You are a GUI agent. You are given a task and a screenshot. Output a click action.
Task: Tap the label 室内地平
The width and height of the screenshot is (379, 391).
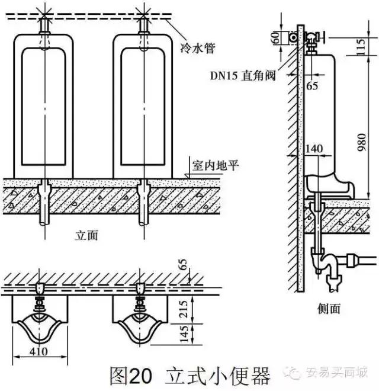coord(215,164)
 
